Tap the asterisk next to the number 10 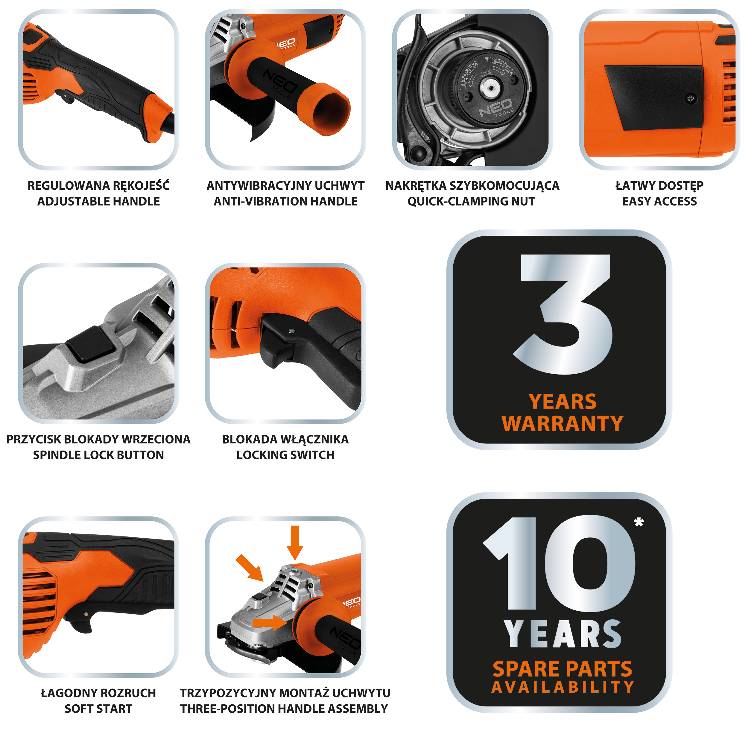point(639,522)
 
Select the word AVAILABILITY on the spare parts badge point(562,687)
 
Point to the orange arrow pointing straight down point(295,542)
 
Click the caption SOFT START point(98,709)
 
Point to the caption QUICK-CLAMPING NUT point(471,201)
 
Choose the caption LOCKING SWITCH point(285,455)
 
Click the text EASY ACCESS point(659,201)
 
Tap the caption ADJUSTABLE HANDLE point(98,201)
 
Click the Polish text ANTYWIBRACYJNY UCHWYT point(285,186)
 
